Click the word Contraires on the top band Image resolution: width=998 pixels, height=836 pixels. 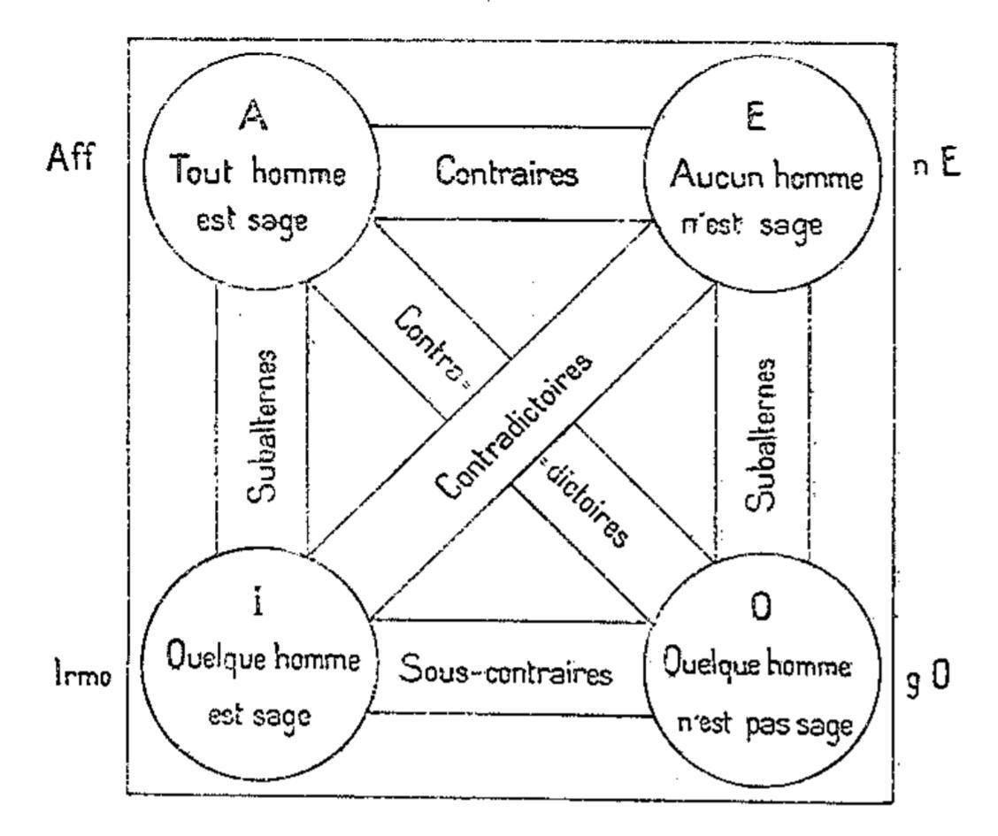508,173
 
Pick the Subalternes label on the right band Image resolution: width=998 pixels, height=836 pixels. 763,435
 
